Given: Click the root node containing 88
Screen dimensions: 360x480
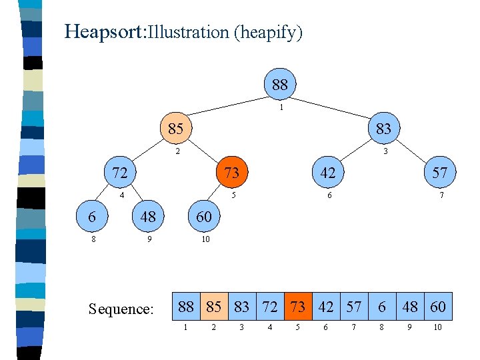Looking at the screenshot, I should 280,85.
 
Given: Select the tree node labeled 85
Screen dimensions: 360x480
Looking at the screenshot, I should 175,128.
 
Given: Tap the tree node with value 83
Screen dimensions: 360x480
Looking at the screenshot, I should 383,128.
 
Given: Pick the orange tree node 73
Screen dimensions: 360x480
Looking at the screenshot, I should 231,173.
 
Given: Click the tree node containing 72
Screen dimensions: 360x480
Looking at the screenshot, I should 119,173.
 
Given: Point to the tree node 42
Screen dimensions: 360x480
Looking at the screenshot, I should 327,173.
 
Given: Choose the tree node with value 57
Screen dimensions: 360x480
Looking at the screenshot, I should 439,173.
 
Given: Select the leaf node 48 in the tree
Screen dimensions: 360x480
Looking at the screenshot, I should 148,217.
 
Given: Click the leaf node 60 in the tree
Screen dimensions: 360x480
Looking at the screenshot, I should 203,217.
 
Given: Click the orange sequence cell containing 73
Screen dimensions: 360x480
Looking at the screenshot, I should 298,307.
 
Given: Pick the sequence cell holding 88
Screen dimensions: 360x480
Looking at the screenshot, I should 187,307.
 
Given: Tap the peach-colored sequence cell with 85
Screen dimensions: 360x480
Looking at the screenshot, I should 214,307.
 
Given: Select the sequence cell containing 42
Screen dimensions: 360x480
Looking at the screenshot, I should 326,307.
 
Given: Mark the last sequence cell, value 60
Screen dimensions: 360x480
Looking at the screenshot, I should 438,307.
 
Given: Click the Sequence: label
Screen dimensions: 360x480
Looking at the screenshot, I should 121,309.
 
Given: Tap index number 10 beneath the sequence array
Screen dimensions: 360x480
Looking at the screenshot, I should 438,327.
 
